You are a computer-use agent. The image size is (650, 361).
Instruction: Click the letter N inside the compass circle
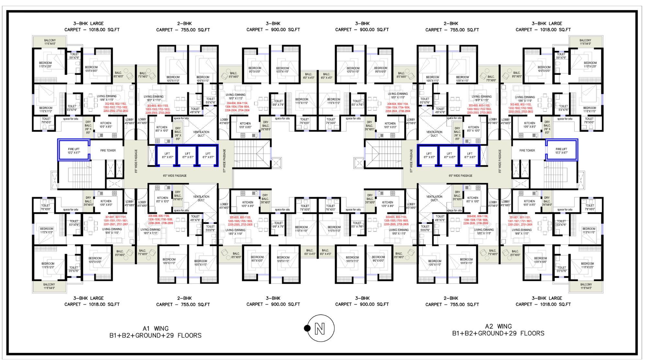pos(320,329)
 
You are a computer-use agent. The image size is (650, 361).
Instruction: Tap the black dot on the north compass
pos(307,328)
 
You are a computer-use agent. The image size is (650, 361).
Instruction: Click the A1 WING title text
pos(155,329)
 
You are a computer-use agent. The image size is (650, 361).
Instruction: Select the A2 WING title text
pos(498,326)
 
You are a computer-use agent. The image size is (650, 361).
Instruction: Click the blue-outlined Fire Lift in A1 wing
pos(74,150)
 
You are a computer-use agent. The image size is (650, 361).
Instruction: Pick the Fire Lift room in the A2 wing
pos(561,150)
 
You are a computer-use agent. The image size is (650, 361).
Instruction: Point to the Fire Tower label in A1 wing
pos(108,150)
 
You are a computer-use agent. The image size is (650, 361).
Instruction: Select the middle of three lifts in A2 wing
pos(449,155)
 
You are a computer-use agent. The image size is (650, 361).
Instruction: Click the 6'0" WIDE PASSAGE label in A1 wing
pos(174,176)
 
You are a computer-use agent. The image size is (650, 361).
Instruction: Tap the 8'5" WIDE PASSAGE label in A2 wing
pos(499,161)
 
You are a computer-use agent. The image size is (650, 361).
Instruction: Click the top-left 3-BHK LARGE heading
pos(88,24)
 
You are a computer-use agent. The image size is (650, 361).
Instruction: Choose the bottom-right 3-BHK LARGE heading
pos(547,298)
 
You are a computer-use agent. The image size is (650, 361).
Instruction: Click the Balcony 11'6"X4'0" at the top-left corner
pos(50,42)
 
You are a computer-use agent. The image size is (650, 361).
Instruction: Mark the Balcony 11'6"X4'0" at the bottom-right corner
pos(586,286)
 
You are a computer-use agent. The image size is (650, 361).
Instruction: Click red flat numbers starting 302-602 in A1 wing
pos(116,107)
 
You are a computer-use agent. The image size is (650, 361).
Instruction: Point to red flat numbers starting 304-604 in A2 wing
pos(398,107)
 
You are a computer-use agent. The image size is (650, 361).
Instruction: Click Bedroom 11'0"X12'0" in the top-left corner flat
pos(45,65)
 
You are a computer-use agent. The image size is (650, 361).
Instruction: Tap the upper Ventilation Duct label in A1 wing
pos(201,134)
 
